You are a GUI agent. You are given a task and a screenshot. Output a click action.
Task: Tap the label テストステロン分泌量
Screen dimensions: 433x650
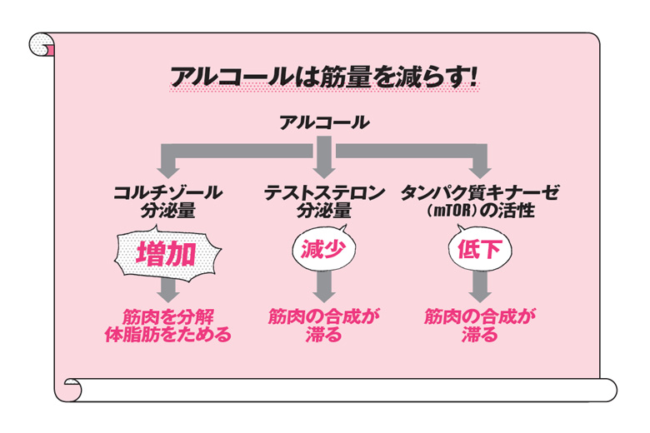pos(324,201)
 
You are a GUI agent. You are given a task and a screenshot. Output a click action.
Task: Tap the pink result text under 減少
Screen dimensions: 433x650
pos(324,326)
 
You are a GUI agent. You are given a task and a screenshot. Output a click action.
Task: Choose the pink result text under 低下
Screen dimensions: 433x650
pos(478,326)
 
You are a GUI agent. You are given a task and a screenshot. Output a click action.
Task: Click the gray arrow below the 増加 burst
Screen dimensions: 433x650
pos(169,289)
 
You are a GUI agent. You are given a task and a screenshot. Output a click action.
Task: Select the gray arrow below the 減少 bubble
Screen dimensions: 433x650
pos(324,289)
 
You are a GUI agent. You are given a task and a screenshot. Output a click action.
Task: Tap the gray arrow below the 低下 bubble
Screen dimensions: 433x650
pos(478,289)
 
